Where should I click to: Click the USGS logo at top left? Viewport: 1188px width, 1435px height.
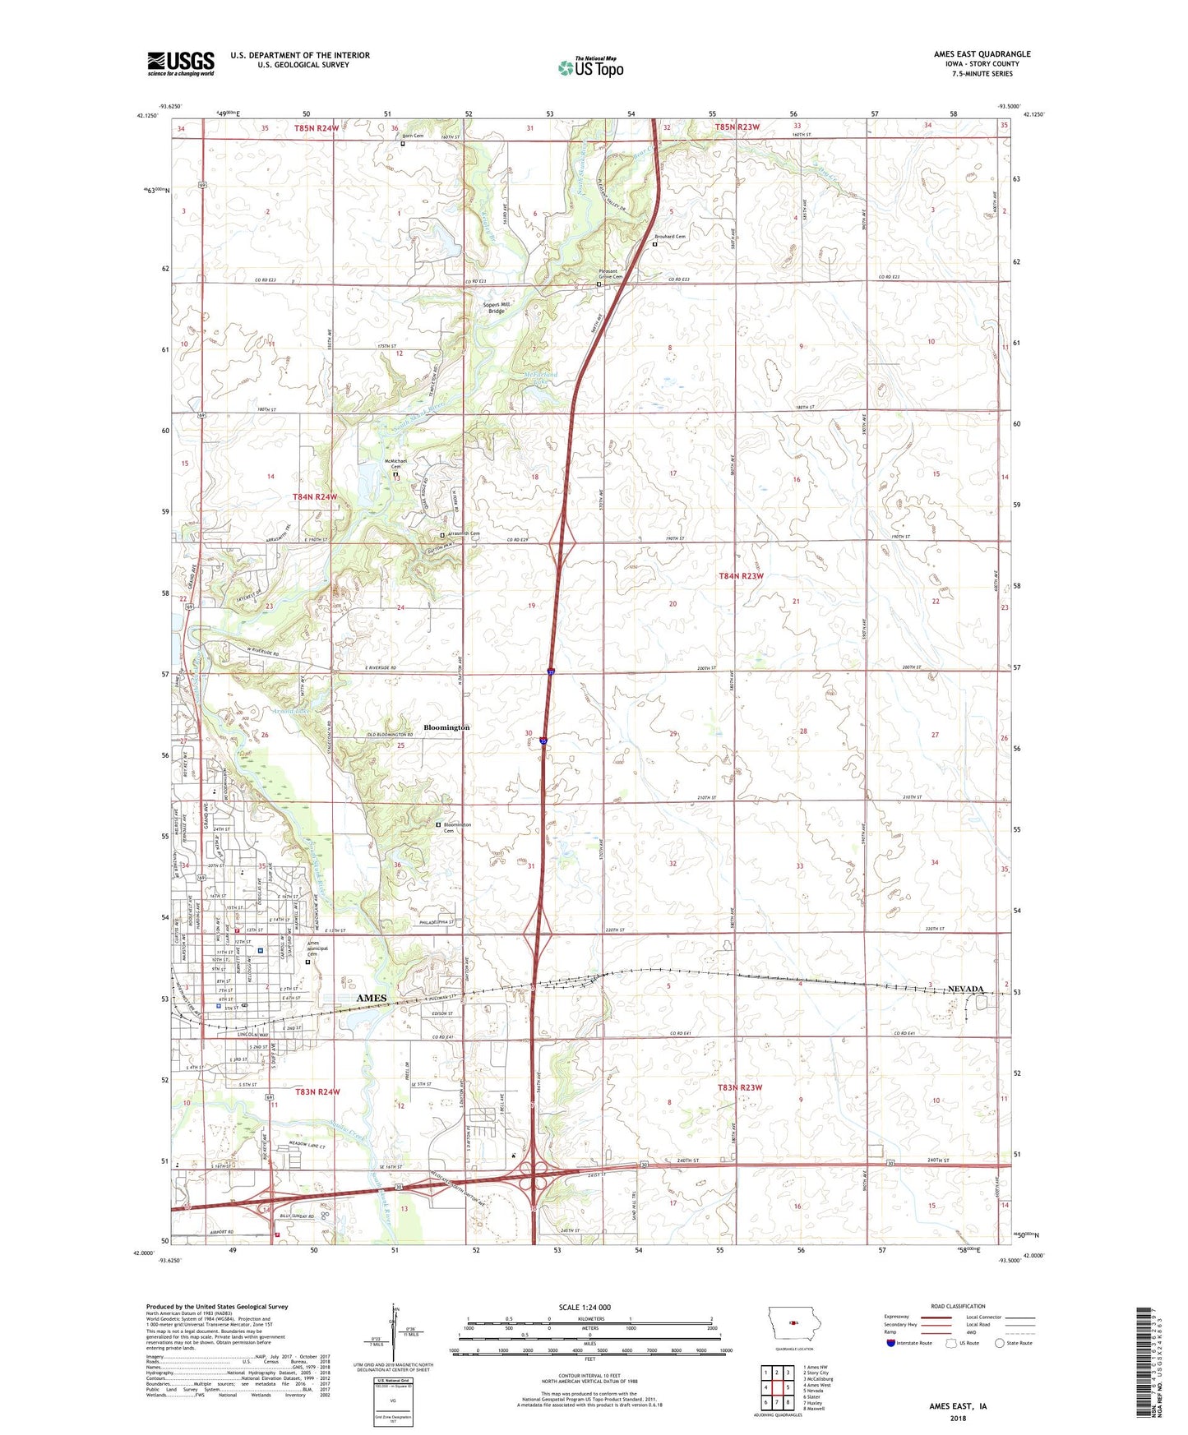coord(181,62)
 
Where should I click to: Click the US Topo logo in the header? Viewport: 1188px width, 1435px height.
coord(590,67)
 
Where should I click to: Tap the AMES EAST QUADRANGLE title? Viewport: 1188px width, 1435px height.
coord(982,54)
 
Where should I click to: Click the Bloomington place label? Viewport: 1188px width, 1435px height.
coord(446,727)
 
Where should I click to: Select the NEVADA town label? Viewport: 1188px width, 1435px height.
coord(965,989)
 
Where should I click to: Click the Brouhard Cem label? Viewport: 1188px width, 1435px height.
coord(670,237)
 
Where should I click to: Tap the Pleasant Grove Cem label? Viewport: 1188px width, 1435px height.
coord(610,274)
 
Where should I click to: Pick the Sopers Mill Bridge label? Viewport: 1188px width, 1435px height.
coord(497,307)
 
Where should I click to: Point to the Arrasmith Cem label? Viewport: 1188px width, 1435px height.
coord(463,534)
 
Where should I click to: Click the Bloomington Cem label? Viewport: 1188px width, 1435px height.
coord(457,828)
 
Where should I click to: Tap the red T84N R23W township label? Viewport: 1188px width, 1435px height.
coord(741,576)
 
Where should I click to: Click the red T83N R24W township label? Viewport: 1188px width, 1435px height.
coord(317,1091)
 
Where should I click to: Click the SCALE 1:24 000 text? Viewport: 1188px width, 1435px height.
coord(585,1307)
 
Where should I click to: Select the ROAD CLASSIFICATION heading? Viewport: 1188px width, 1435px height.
coord(958,1306)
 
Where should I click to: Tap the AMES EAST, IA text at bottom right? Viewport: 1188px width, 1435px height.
coord(958,1406)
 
